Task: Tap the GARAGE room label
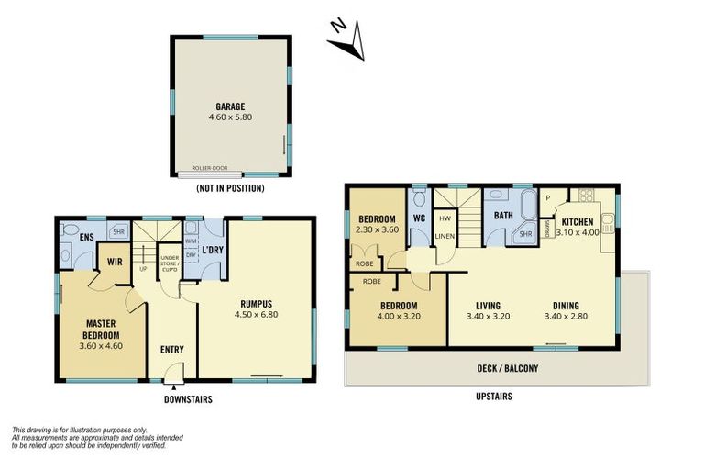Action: (230, 106)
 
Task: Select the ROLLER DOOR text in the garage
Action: (210, 168)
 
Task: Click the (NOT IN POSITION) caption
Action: (230, 188)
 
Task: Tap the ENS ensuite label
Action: (85, 237)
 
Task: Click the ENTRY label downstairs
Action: (172, 349)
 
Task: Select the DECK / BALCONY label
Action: (508, 368)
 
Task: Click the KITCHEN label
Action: (577, 222)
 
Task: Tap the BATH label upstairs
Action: (503, 216)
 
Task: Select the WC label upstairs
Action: (418, 218)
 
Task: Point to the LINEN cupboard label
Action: (444, 236)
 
